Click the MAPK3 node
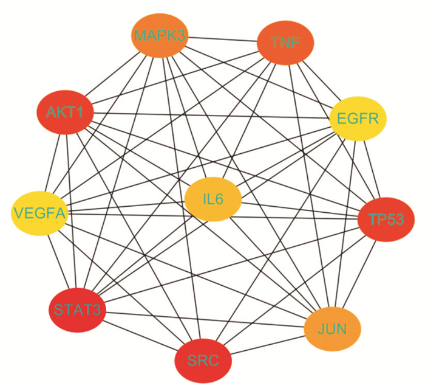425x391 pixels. (x=159, y=35)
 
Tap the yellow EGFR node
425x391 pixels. (x=358, y=119)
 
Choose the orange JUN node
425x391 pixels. (x=332, y=329)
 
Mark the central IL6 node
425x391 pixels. (x=214, y=199)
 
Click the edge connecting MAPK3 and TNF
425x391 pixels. (x=222, y=39)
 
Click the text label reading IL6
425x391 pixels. (x=214, y=199)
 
